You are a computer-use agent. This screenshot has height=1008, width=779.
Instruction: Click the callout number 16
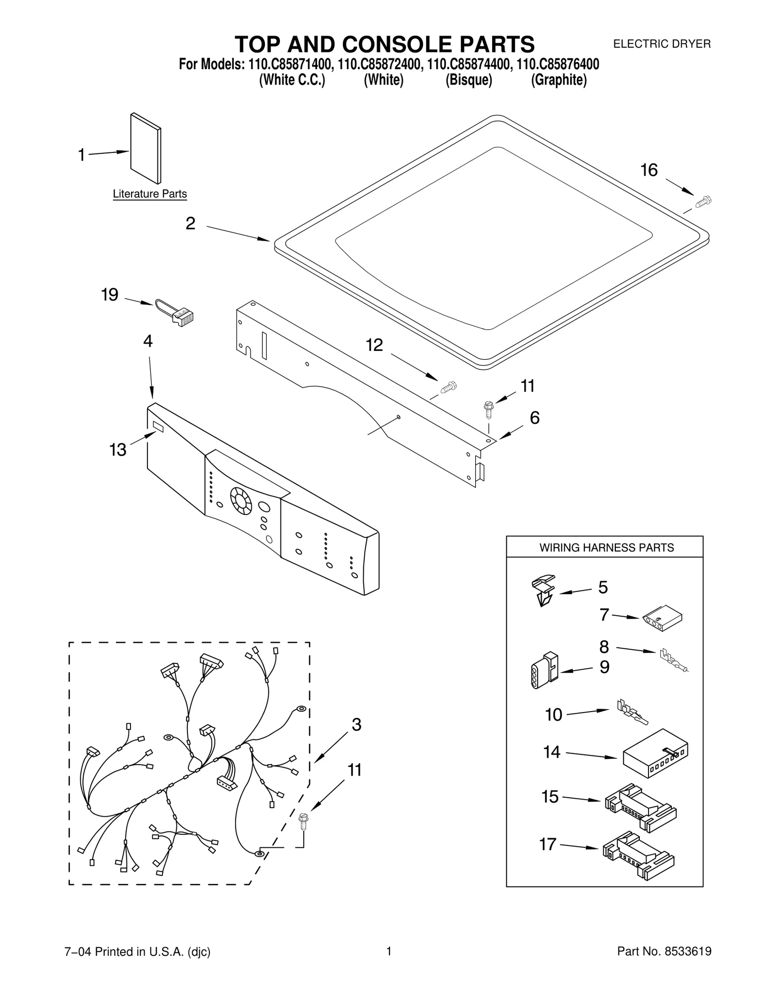(649, 170)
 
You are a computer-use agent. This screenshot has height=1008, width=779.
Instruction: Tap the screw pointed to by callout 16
(703, 201)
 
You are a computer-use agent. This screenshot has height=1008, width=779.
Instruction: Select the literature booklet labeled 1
(145, 148)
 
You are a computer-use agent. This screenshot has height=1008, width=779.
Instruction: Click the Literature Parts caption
(149, 194)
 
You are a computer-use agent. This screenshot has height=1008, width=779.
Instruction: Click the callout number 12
(374, 345)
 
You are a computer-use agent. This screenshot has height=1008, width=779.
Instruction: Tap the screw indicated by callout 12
(448, 387)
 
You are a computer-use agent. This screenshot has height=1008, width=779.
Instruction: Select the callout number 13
(118, 450)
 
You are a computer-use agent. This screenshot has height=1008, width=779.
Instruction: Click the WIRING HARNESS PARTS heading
(606, 548)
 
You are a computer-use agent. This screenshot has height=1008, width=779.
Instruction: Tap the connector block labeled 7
(662, 621)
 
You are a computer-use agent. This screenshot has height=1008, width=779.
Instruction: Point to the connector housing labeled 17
(638, 855)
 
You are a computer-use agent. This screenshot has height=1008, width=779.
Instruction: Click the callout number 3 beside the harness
(356, 725)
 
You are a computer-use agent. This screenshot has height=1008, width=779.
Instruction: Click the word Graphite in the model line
(558, 80)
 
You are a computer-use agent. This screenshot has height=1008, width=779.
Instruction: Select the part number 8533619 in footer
(688, 965)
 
